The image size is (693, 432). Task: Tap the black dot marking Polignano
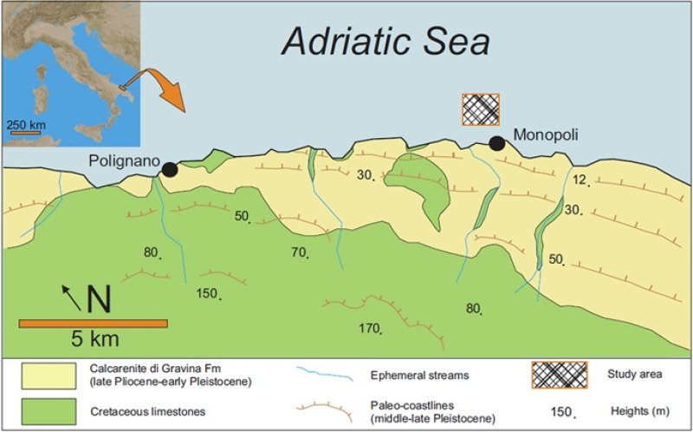[170, 169]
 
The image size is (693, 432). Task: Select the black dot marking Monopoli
[496, 143]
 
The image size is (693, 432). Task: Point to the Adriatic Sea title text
[386, 41]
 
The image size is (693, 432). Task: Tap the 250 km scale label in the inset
[27, 125]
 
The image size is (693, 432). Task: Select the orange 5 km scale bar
[93, 323]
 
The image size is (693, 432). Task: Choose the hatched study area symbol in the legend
[558, 375]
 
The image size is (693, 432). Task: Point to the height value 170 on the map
[369, 328]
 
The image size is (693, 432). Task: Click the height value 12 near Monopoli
[580, 180]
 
